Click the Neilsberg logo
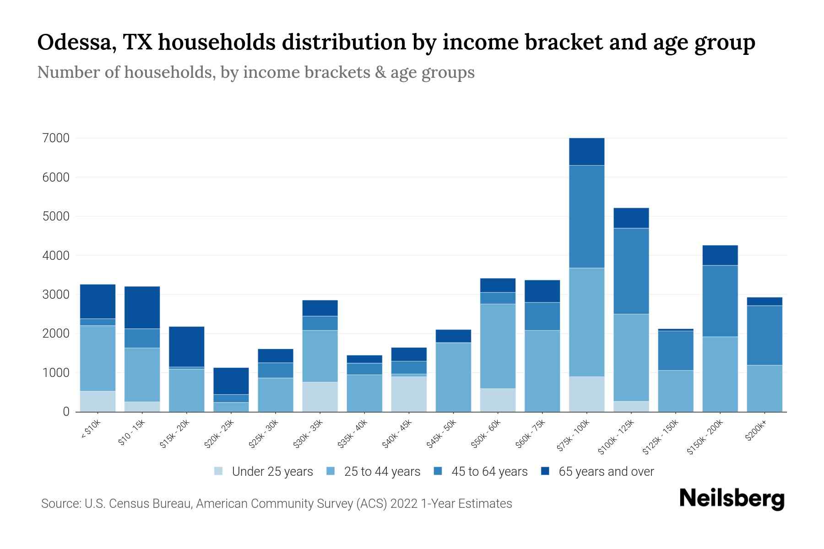coord(732,498)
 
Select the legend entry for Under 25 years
coord(272,472)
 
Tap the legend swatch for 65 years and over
coord(545,471)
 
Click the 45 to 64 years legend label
coord(489,472)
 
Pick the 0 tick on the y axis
coord(66,412)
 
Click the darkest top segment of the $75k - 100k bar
coord(586,151)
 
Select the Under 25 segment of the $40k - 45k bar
coord(409,394)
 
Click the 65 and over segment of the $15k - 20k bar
coord(186,346)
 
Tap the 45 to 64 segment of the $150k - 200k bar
coord(720,301)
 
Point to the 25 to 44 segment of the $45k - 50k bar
coord(453,377)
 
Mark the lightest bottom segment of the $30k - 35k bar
coord(320,397)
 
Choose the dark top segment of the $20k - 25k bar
coord(231,381)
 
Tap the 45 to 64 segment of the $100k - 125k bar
coord(631,271)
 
